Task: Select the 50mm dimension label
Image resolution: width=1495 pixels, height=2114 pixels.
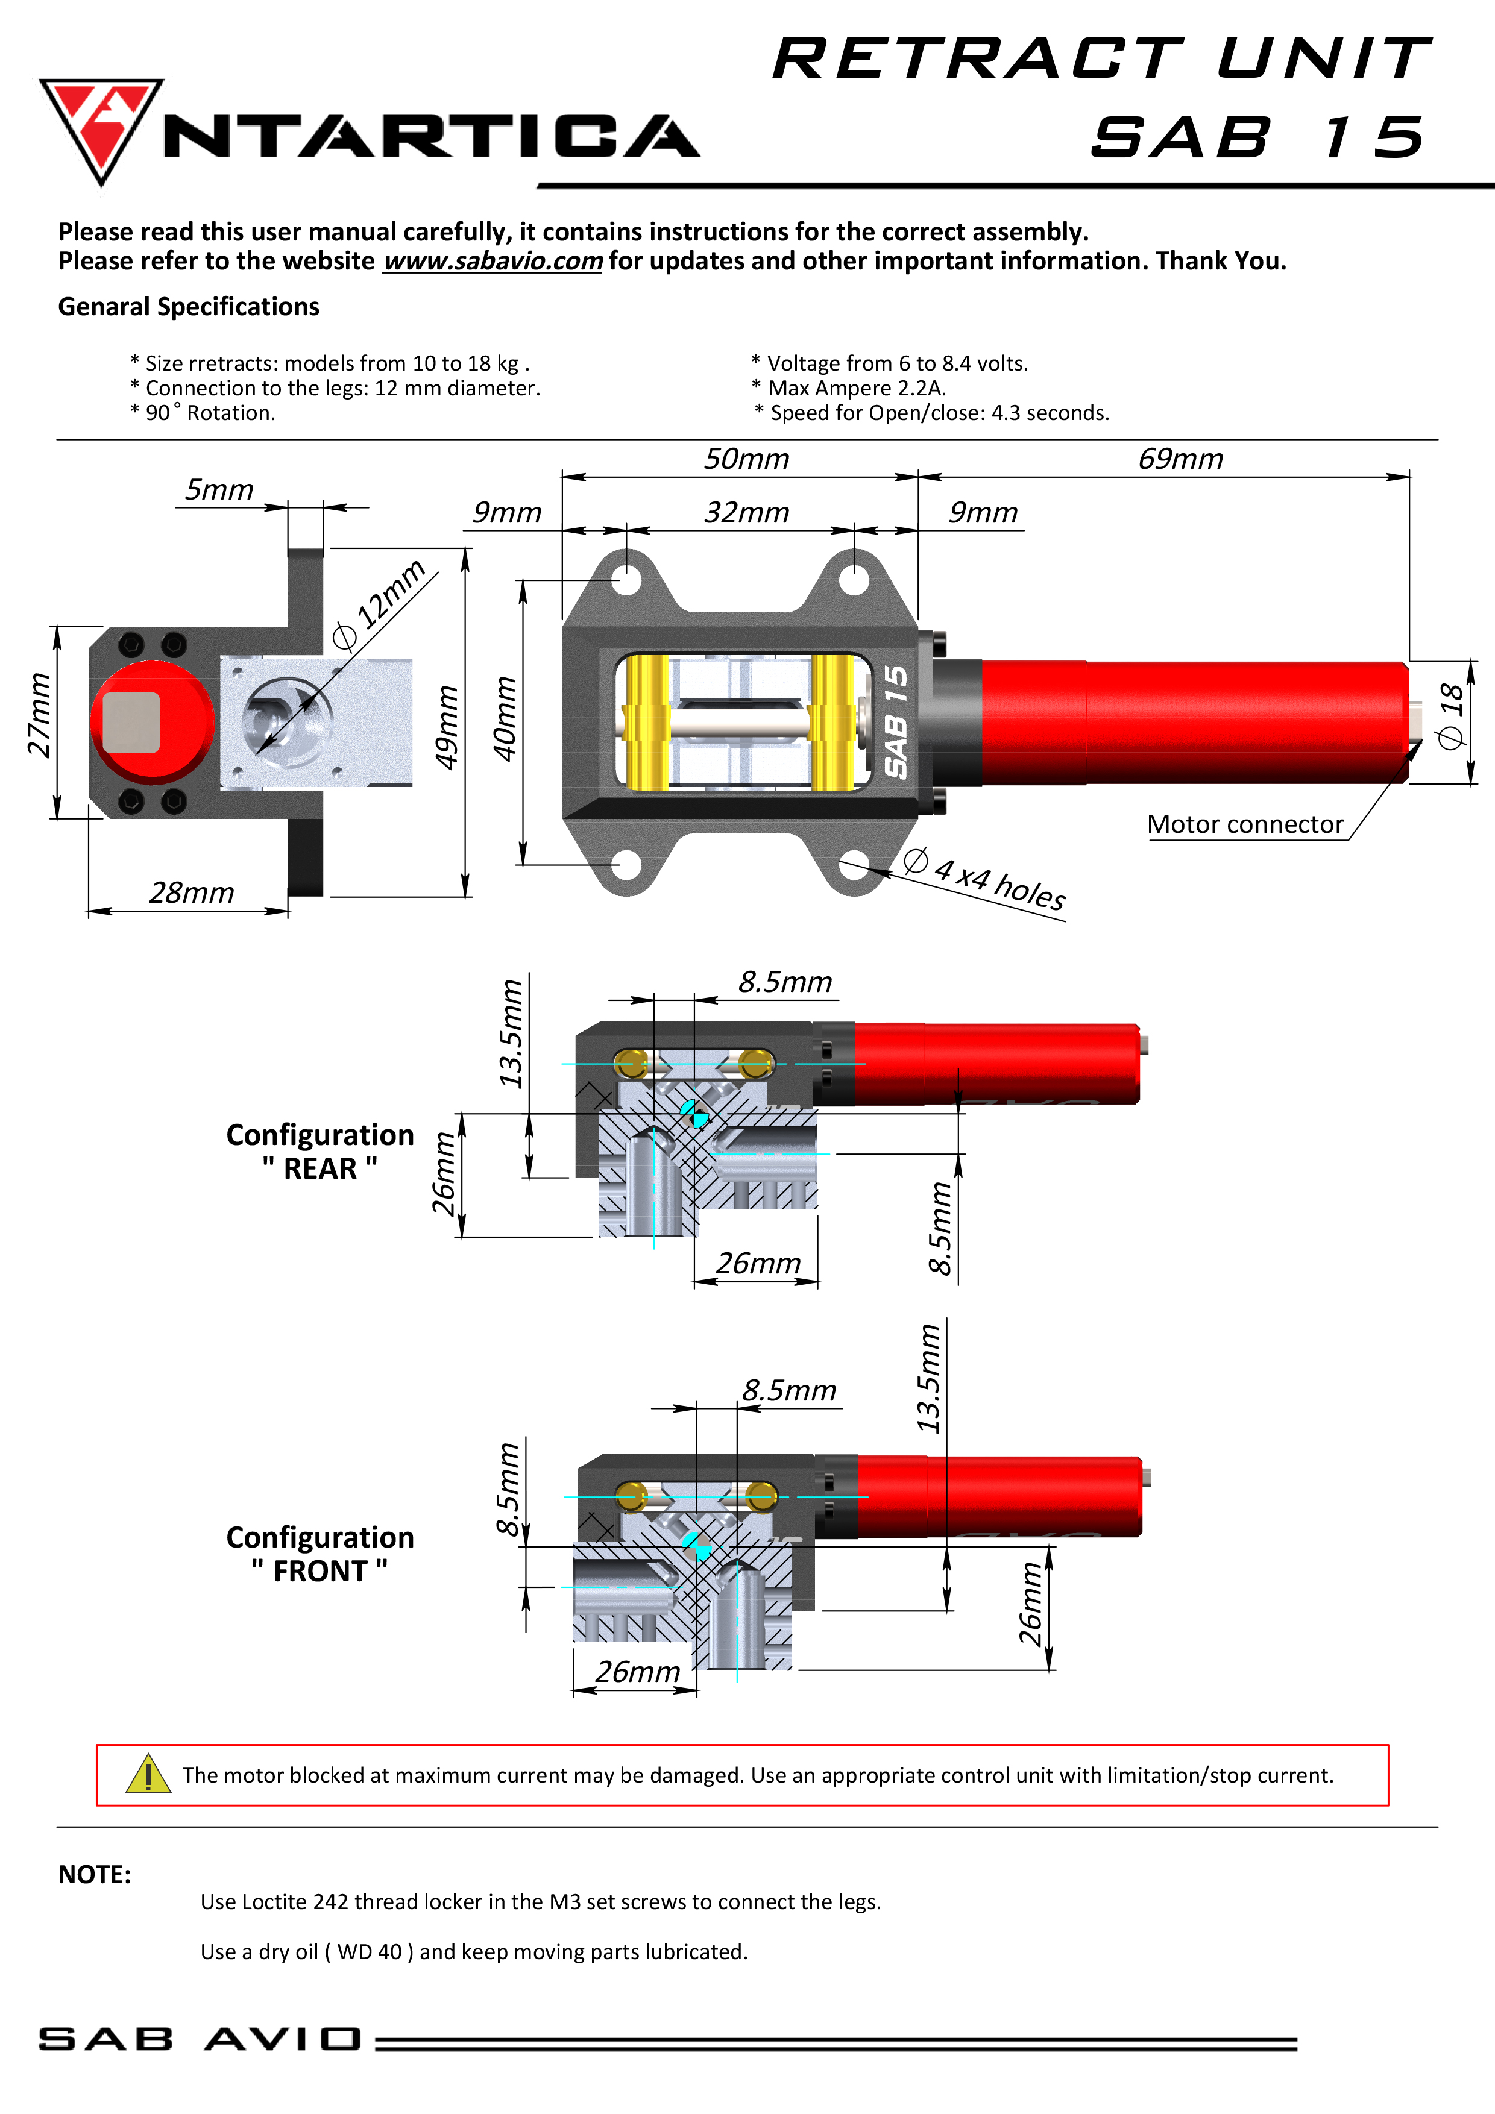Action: click(746, 459)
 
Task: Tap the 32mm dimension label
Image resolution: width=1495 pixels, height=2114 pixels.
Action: click(746, 513)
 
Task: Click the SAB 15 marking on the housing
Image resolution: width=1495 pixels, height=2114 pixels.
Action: click(895, 722)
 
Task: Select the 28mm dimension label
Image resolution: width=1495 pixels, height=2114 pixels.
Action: click(192, 893)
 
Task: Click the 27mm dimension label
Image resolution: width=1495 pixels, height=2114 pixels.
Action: click(39, 715)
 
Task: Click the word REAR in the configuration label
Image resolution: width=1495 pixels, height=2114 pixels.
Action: click(319, 1168)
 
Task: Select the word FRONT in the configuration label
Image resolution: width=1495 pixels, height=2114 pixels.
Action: click(319, 1571)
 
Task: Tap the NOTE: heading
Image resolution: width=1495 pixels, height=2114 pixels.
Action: click(94, 1875)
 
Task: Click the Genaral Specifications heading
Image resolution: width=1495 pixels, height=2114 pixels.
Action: click(189, 307)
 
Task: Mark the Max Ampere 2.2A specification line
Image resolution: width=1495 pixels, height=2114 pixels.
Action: click(856, 389)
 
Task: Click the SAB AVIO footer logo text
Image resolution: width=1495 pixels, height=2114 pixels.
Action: click(199, 2039)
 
